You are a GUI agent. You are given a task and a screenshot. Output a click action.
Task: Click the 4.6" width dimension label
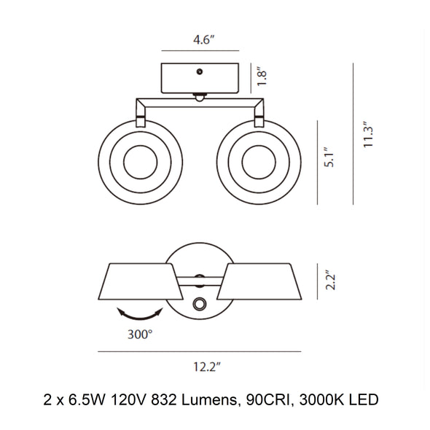203,40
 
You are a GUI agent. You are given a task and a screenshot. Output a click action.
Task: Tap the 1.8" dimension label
262,78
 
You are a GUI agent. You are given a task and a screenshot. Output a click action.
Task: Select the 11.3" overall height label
367,134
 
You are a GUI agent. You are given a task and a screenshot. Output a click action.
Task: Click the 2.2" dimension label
329,281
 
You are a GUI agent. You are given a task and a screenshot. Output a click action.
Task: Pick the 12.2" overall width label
207,367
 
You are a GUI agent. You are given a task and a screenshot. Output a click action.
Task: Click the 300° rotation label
140,335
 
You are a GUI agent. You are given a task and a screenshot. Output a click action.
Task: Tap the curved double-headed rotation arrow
140,317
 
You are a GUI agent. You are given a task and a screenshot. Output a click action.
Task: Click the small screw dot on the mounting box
200,72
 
